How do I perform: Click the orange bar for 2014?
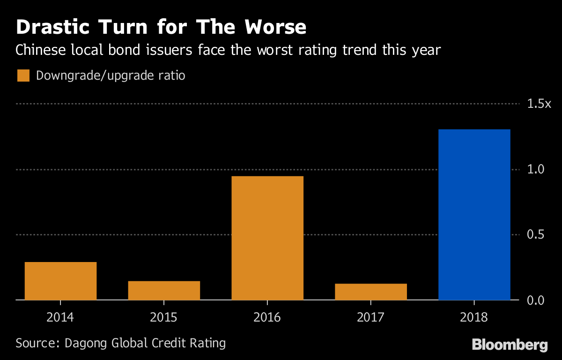(x=60, y=281)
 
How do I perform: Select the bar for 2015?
(x=164, y=290)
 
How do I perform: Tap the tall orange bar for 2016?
(x=267, y=238)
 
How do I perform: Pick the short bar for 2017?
(x=371, y=292)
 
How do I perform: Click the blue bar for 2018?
(x=474, y=214)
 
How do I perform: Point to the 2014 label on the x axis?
(x=60, y=317)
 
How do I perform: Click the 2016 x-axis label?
(x=267, y=317)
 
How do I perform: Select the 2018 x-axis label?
(x=474, y=317)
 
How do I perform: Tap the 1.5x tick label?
(x=539, y=104)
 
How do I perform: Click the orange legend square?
(x=23, y=75)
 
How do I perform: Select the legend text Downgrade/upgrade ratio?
(x=111, y=75)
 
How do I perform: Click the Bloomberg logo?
(x=510, y=345)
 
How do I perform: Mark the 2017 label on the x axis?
(x=371, y=317)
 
